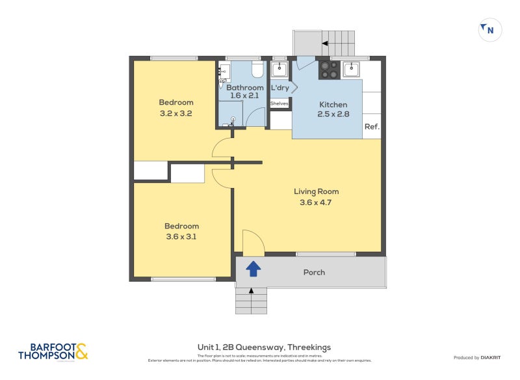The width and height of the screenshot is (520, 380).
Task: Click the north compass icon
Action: point(489,30)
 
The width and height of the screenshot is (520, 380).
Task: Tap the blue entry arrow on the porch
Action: point(253,267)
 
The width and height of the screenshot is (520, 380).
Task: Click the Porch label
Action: point(314,272)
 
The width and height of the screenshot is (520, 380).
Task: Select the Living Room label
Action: point(316,191)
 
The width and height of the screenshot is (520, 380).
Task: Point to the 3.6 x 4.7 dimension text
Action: point(316,202)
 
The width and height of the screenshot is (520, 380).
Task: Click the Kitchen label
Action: point(333,105)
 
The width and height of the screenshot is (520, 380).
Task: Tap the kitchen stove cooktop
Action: point(328,70)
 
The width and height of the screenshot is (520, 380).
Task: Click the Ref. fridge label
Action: point(371,127)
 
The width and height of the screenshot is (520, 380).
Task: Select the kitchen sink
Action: point(351,69)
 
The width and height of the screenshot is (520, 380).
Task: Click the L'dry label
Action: point(280,88)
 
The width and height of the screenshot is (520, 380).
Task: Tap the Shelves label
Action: point(279,103)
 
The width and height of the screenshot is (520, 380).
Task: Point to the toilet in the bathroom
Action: point(257,68)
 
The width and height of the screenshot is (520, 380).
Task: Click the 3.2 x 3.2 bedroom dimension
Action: point(176,113)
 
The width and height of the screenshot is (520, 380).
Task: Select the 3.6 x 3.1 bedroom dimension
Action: point(181,236)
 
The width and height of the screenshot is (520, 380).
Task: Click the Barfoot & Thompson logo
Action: point(52,352)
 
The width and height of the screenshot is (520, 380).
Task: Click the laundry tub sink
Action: point(279,69)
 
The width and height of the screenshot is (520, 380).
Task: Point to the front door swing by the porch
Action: point(253,243)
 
